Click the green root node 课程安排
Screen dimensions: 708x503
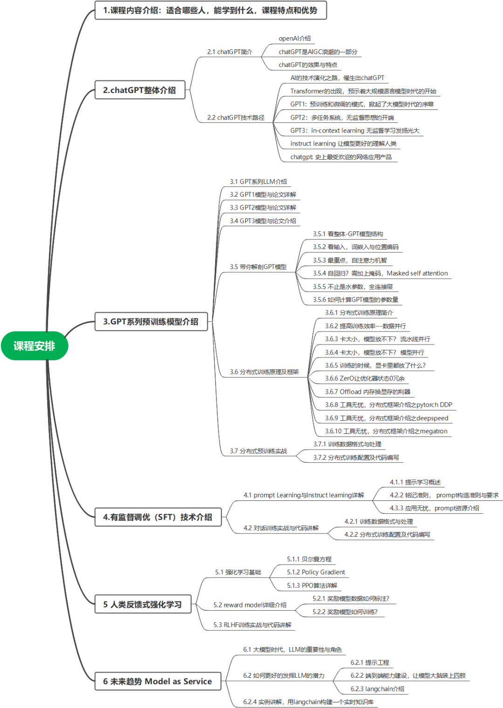(x=34, y=346)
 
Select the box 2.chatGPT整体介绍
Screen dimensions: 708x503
(x=140, y=90)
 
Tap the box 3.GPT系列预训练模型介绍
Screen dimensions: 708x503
(x=151, y=322)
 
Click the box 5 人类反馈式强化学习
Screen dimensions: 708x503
(x=143, y=604)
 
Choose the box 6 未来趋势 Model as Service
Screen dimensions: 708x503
(x=157, y=681)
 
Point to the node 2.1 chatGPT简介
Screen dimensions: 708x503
(x=230, y=52)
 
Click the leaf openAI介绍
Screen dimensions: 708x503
(x=294, y=39)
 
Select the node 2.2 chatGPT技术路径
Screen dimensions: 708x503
(x=236, y=118)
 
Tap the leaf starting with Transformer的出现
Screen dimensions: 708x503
(x=363, y=91)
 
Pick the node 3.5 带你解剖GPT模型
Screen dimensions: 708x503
(x=258, y=267)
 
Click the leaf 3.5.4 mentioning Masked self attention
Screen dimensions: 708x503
(x=380, y=273)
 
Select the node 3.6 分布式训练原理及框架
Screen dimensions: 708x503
(x=264, y=372)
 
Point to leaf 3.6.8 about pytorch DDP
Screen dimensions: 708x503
(x=388, y=405)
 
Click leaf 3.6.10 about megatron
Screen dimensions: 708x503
(x=386, y=432)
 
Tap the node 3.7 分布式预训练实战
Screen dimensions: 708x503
(x=258, y=451)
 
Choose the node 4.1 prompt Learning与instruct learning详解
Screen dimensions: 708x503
(x=304, y=495)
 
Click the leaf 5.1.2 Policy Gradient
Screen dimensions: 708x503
(x=316, y=572)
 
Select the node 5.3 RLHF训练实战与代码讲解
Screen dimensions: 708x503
(x=252, y=625)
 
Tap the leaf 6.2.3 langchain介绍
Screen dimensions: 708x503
(x=377, y=689)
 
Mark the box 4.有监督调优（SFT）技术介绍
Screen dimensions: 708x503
(x=157, y=517)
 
